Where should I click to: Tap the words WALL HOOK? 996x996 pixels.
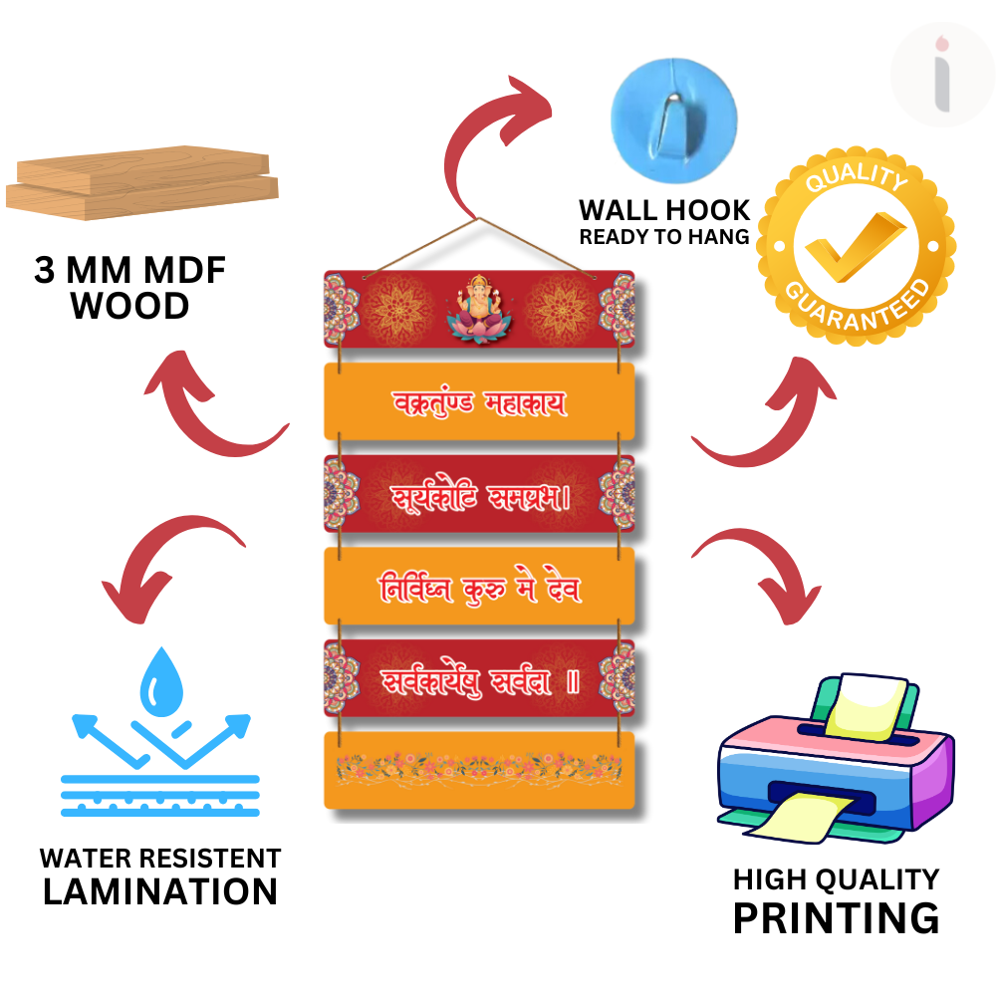[664, 210]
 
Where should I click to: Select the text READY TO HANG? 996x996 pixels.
[664, 237]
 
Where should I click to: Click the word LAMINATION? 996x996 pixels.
[160, 890]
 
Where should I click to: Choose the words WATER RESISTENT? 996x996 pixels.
[160, 859]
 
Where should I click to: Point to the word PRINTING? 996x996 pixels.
[836, 917]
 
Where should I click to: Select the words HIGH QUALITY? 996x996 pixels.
[836, 879]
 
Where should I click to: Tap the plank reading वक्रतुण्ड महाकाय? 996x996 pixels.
[479, 401]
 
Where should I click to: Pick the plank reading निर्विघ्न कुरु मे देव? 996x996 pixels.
[479, 587]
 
